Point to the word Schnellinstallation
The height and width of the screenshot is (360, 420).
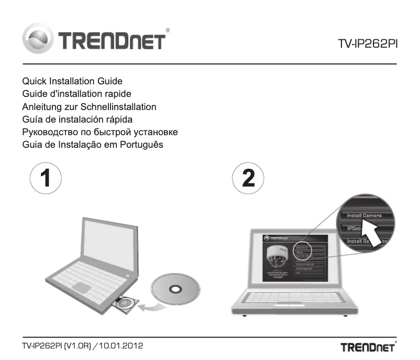tap(119, 106)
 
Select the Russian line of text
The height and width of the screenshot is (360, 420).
tap(100, 132)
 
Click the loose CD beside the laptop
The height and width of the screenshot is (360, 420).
tap(175, 289)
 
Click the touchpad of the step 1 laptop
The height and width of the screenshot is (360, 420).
tap(83, 287)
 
